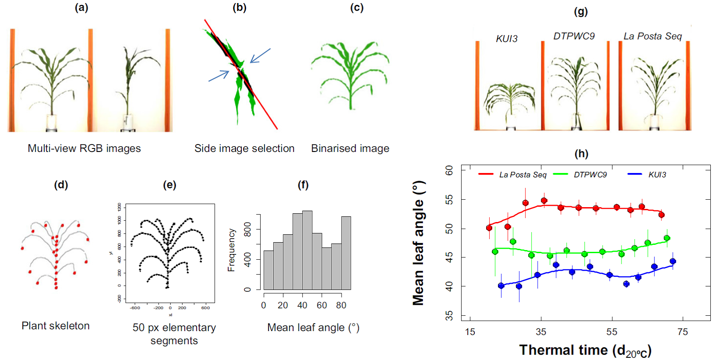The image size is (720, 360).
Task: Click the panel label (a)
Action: pos(81,7)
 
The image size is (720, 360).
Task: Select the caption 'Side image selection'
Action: pos(244,148)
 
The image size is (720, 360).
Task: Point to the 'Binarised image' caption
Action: pos(350,148)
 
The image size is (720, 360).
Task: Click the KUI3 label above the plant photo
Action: pos(507,39)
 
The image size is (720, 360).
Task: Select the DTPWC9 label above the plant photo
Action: pos(574,36)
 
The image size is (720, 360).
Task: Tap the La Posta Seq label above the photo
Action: pos(653,36)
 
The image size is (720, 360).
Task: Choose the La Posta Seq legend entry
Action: pos(522,175)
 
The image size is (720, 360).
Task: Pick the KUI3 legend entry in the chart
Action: pos(657,175)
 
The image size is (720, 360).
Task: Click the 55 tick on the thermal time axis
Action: pos(612,332)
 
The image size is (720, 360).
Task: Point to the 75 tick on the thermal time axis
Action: pos(683,332)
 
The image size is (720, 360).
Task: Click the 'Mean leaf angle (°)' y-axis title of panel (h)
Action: pos(419,243)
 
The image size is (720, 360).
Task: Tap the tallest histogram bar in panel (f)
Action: pos(307,250)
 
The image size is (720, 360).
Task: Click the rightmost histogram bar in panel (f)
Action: pos(346,253)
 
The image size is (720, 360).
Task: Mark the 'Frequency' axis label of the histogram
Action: pos(232,250)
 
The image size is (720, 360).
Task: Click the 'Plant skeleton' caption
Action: pos(56,326)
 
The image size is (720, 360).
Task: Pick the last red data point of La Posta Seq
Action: pos(661,215)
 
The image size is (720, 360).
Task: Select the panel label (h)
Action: pos(581,154)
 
